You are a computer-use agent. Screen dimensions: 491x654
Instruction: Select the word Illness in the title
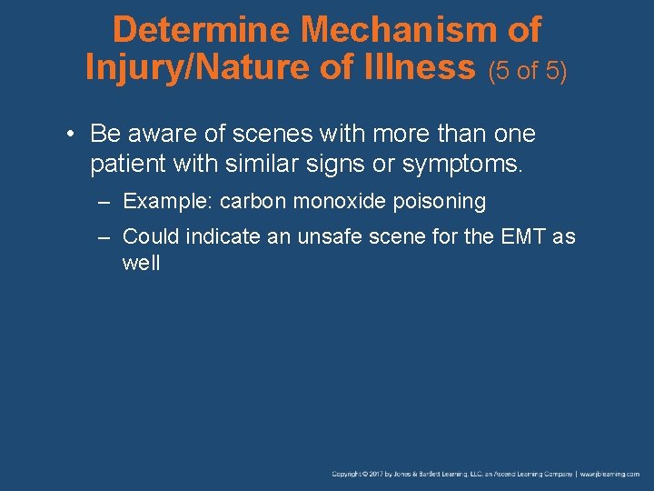coord(424,67)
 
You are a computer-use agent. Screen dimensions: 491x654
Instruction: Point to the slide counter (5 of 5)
coord(528,70)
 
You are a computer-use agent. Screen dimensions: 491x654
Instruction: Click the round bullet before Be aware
coord(70,135)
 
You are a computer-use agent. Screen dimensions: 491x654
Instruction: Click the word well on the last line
coord(141,264)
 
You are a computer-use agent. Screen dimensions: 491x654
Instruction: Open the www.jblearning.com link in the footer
coord(610,474)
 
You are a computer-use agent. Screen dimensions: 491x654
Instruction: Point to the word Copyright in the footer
coord(347,474)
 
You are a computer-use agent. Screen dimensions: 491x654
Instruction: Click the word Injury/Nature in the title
coord(203,67)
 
